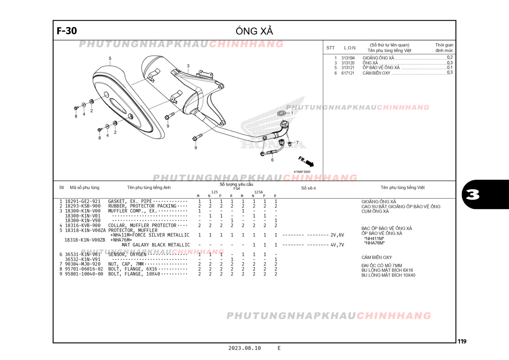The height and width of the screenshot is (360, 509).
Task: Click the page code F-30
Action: coord(67,31)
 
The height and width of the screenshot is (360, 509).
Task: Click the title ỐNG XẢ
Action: coord(254,31)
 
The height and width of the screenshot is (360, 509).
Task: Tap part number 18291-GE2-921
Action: coord(83,201)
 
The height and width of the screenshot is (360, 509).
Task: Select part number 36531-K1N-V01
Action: coord(83,254)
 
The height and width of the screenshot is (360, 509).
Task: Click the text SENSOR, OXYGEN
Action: coord(127,254)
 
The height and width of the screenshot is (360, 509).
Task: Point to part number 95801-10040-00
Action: coord(84,274)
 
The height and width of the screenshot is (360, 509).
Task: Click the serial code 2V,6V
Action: coord(337,235)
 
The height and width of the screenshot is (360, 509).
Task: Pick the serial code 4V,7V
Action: coord(337,245)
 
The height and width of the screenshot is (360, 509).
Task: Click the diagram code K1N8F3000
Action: coord(302,172)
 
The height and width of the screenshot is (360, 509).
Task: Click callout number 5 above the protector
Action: coord(110,58)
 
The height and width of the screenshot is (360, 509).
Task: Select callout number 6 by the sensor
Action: coord(272,160)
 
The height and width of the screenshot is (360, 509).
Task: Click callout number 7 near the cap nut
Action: coord(297,143)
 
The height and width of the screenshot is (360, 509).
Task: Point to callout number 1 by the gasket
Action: coord(292,113)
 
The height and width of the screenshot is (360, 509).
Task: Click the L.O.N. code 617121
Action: coord(348,73)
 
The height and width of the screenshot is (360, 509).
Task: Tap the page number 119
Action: coord(462,341)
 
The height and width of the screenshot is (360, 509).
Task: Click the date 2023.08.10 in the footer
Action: coord(245,348)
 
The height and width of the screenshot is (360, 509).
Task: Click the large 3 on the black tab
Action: coord(472,194)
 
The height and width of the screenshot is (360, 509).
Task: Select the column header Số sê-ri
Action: coord(308,188)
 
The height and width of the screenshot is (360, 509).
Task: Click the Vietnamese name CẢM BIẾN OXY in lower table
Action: coord(376,257)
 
